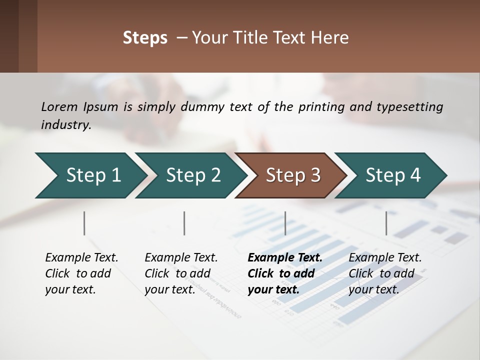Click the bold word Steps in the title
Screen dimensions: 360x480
point(145,38)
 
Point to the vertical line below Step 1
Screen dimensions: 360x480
point(84,223)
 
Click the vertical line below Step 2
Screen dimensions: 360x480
point(184,223)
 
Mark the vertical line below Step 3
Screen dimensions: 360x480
point(285,223)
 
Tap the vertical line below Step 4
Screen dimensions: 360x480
point(386,223)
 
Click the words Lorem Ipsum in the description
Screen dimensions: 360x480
point(79,106)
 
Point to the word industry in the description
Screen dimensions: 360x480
point(65,124)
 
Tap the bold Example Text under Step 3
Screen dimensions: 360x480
point(285,257)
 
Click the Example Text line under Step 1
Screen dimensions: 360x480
point(81,257)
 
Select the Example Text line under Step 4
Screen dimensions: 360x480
point(385,257)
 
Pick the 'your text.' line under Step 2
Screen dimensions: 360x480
point(169,289)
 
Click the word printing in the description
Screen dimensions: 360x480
point(320,106)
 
